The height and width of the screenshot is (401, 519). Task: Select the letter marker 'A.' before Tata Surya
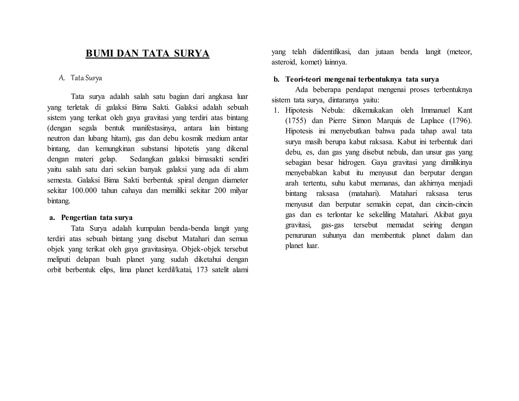point(62,78)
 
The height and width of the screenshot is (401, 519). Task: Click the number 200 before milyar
point(220,190)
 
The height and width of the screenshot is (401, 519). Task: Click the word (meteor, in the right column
point(459,52)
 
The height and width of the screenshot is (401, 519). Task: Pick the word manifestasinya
point(154,128)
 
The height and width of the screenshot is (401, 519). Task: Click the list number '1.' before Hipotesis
point(276,110)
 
